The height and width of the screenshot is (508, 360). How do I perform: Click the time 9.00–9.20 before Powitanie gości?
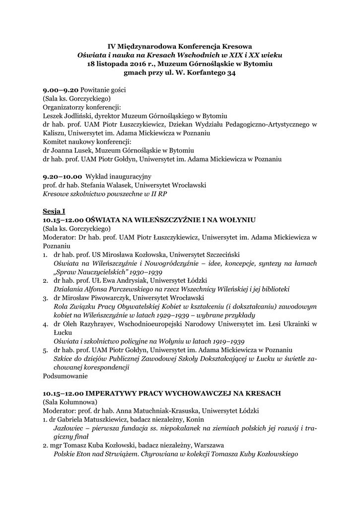click(61, 90)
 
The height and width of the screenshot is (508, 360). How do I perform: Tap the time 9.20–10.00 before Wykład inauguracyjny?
click(63, 176)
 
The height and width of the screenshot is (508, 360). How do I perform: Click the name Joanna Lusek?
click(72, 150)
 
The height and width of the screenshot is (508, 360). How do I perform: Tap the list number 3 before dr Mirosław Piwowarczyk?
click(45, 298)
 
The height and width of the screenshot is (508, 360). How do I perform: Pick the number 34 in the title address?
click(230, 73)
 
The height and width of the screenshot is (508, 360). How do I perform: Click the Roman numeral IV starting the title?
click(112, 46)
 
